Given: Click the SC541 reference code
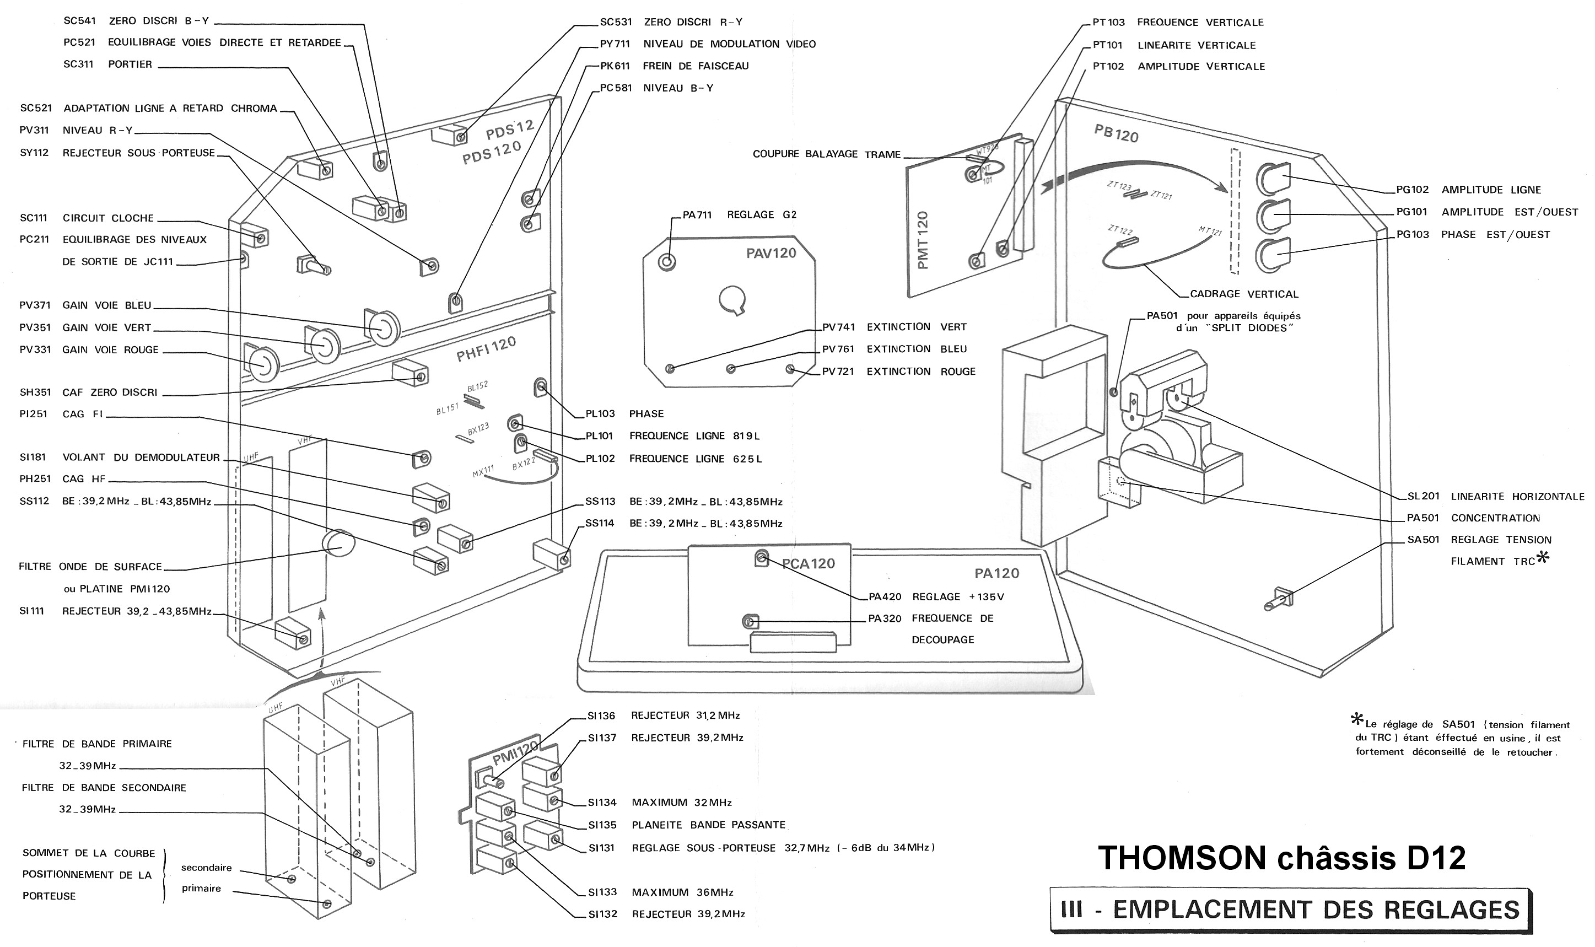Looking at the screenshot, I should click(80, 21).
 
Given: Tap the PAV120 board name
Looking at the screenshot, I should click(770, 254).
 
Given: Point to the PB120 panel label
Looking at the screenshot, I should click(1116, 133).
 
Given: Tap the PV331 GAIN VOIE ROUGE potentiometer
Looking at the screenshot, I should click(262, 364).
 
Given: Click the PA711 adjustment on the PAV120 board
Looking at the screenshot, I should click(667, 262).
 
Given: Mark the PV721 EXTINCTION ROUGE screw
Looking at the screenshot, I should click(790, 368).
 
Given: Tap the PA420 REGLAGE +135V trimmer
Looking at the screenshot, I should click(761, 558).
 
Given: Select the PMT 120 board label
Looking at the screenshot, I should click(923, 240).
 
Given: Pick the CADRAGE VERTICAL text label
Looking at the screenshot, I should click(1243, 294).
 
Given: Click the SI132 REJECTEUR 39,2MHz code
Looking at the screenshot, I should click(602, 914).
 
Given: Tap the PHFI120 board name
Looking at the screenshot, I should click(486, 349).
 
